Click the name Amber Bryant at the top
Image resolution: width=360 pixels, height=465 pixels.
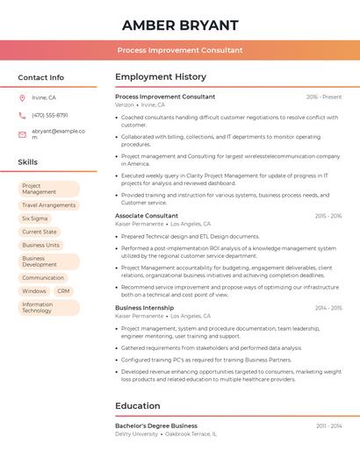[180, 25]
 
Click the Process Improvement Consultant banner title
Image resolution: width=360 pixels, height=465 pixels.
[180, 50]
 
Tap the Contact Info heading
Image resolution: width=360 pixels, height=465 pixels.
[40, 77]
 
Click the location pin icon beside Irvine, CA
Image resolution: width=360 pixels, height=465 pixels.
[22, 97]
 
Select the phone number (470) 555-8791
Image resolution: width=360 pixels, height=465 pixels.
[50, 115]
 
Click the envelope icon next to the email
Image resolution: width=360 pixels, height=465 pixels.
[22, 133]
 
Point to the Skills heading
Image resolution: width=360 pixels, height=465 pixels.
[27, 162]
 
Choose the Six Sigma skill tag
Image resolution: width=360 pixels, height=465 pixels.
[35, 218]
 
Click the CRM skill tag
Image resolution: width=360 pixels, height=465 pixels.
[63, 291]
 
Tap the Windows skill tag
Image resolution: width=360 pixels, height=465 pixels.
[34, 291]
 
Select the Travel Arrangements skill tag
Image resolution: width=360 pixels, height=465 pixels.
[48, 205]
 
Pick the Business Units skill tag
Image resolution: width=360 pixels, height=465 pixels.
[40, 245]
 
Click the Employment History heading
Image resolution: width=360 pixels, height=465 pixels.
[160, 77]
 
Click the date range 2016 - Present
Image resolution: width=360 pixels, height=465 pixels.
[324, 97]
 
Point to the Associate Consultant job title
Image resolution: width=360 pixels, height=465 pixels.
[147, 216]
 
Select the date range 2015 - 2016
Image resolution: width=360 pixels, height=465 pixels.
[328, 216]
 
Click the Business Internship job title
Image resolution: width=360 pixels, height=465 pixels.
[144, 308]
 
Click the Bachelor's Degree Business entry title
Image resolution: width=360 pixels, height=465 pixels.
[156, 426]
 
